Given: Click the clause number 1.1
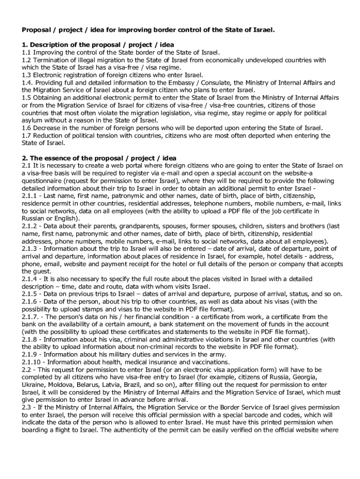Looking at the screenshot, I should tap(26, 53).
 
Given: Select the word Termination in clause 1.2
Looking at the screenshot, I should tap(51, 60).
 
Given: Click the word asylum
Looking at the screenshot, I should tap(33, 120).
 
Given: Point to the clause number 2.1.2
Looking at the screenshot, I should tap(30, 225).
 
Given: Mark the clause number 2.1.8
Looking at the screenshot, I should tap(30, 339).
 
